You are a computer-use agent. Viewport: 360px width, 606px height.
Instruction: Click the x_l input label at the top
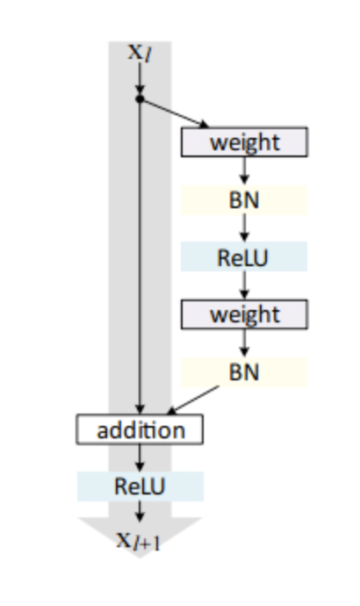[140, 52]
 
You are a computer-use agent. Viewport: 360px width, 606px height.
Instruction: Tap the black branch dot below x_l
[140, 99]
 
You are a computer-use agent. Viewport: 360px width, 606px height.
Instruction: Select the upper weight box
[244, 141]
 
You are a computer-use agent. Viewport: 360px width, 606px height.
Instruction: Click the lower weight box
[244, 314]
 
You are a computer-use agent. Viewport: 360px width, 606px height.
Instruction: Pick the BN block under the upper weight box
[244, 200]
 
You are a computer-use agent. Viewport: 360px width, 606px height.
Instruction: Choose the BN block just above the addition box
[244, 372]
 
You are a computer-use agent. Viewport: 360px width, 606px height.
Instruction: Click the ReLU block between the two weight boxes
[244, 257]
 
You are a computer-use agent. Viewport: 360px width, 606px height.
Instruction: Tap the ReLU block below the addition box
[140, 487]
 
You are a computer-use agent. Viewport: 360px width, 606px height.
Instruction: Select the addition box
[140, 429]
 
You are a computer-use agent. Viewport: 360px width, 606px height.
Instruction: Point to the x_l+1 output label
[139, 540]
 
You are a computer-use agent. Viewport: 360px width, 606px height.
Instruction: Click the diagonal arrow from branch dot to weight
[174, 112]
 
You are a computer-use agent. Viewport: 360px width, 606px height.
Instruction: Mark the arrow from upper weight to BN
[244, 170]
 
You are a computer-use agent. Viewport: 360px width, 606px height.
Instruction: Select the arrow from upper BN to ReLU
[244, 227]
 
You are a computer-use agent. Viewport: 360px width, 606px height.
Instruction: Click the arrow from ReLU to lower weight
[244, 285]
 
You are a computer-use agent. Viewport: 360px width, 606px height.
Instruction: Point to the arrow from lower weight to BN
[244, 343]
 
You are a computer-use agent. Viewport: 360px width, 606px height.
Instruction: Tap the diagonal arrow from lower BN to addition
[193, 400]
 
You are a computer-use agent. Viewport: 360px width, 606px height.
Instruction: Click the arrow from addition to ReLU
[140, 458]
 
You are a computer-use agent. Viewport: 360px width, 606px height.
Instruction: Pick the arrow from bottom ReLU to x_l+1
[140, 511]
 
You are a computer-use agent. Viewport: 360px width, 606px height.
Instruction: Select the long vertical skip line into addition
[140, 256]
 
